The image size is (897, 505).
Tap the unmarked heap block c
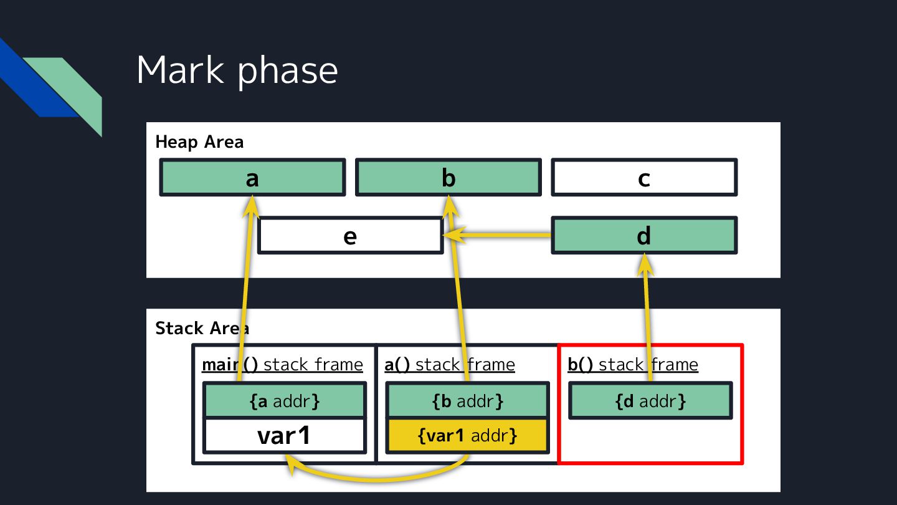[644, 178]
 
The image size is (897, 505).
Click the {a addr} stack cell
[285, 401]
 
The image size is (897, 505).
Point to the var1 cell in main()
[284, 436]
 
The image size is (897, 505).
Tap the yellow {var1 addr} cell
[468, 435]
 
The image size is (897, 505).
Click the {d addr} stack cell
[650, 401]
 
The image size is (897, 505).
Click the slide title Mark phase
[237, 70]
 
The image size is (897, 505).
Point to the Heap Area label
[199, 142]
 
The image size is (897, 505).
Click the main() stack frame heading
[282, 365]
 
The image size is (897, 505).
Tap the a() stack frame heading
[450, 365]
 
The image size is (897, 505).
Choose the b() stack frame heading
[633, 365]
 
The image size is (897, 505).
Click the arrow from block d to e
[498, 235]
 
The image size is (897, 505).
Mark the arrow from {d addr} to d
[647, 312]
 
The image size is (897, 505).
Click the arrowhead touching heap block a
[252, 206]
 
